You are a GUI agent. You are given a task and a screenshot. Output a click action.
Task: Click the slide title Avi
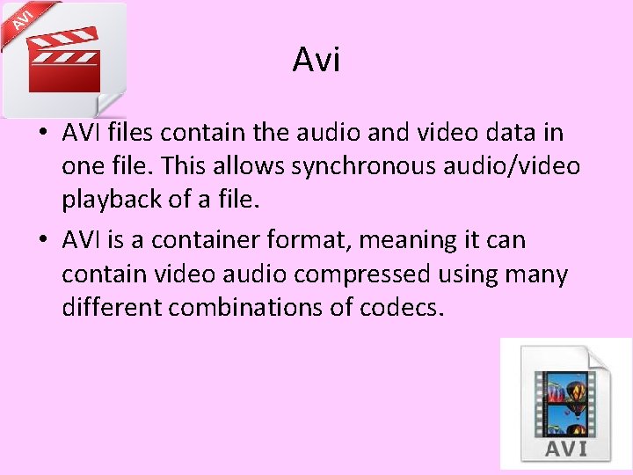click(316, 61)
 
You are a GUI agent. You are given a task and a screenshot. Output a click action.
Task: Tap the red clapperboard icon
click(64, 62)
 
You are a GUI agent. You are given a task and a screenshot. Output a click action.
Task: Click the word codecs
click(396, 308)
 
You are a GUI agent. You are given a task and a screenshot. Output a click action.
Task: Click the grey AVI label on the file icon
click(566, 448)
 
